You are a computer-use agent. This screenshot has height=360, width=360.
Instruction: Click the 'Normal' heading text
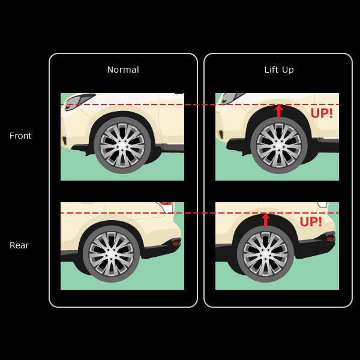point(123,70)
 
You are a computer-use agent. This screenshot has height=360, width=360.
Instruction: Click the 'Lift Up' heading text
point(279,70)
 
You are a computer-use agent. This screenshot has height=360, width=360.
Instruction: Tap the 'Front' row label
point(20,136)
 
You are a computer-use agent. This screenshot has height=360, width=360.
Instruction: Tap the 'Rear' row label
point(19,245)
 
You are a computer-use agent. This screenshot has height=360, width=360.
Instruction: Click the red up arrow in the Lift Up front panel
point(279,111)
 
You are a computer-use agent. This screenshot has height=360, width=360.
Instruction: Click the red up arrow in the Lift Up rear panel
point(266,220)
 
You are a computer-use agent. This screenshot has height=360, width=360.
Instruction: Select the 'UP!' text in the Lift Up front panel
point(322,113)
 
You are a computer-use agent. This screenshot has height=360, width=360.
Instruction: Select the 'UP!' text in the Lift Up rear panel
point(311,221)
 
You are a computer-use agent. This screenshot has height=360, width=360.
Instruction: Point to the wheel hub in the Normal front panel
point(122,145)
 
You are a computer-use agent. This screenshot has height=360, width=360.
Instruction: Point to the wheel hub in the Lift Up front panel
point(279,145)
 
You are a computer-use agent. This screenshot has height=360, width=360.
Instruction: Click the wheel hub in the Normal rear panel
point(112,254)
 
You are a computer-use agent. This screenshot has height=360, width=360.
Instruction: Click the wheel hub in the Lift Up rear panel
point(266,254)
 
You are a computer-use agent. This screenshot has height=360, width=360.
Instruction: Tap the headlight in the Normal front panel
point(78,101)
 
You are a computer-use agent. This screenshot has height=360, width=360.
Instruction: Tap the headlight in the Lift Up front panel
point(231,98)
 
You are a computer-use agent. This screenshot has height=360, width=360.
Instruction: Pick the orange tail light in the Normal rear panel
point(166,203)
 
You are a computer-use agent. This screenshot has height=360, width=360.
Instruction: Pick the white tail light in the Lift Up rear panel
point(323,205)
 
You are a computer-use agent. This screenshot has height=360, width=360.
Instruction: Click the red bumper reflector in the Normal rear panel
point(176,242)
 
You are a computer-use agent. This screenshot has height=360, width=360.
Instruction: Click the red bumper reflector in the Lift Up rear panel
point(330,239)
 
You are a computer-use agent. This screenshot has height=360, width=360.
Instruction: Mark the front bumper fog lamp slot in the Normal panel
point(65,140)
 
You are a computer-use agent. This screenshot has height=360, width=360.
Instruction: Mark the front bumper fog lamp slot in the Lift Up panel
point(221,134)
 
